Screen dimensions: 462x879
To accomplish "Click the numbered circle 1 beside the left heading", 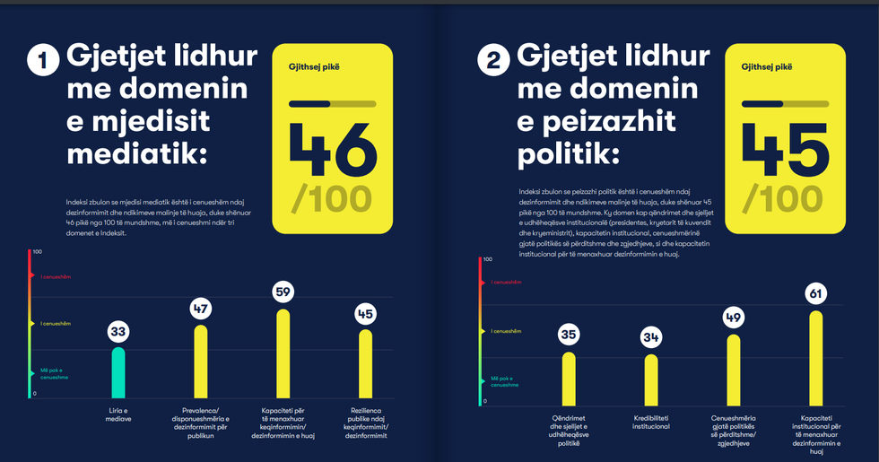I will coord(42,62).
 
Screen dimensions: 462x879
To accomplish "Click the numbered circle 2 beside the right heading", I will coord(493,62).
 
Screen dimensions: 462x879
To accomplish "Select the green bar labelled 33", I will coord(117,373).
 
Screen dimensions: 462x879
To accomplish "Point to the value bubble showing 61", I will coord(815,293).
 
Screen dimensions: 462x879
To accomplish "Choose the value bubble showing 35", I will coord(569,335).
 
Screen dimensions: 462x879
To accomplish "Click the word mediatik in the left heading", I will coord(136,154).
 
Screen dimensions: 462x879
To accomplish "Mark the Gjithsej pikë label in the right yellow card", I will coord(768,65).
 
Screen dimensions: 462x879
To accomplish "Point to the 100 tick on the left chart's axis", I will coord(37,252).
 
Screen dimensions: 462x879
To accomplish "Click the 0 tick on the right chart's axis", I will coord(484,401).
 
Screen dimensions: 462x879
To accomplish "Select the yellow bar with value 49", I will coord(734,369).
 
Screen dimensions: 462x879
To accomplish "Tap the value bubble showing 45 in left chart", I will coord(365,315).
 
